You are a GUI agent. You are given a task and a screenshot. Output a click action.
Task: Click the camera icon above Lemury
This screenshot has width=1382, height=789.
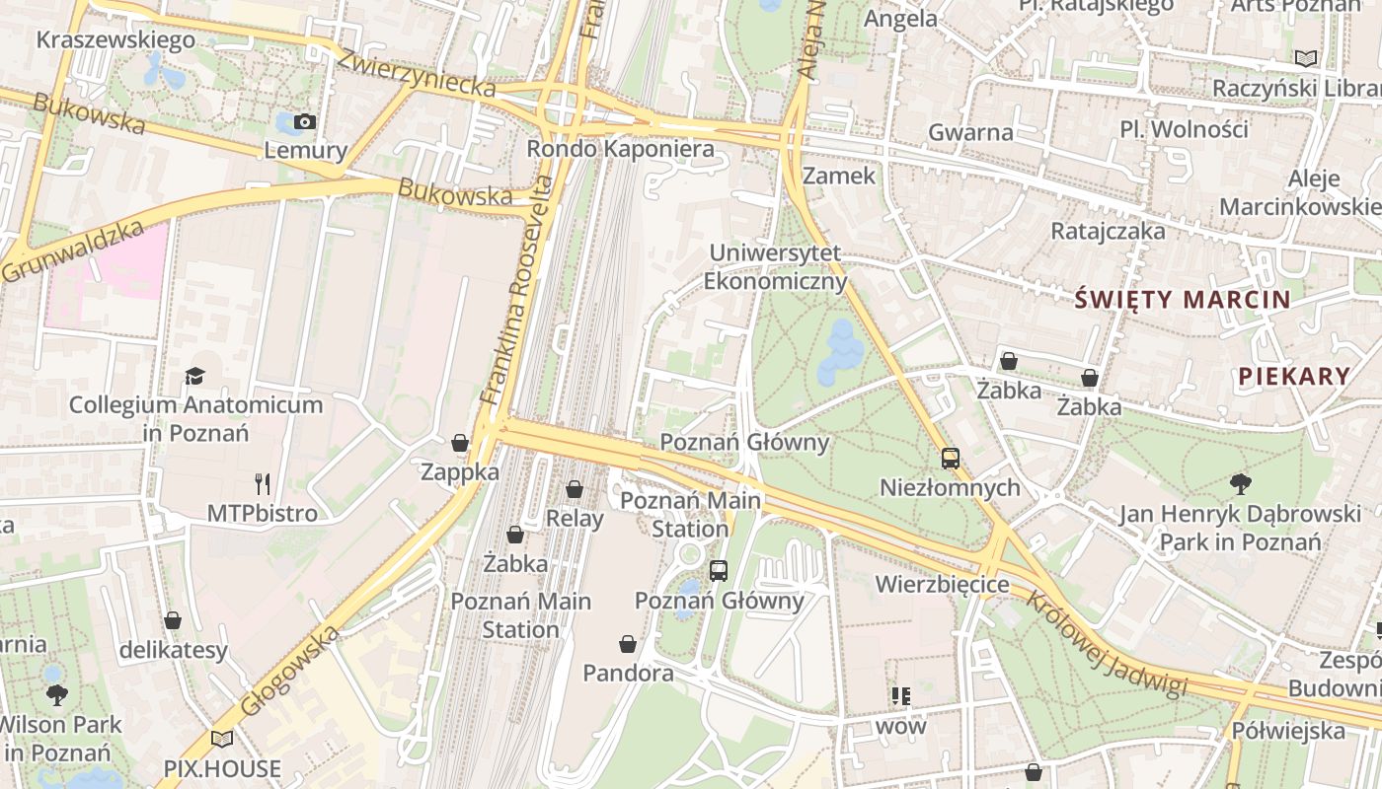tap(305, 122)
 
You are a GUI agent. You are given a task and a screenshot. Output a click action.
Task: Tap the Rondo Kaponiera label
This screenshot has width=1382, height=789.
tap(620, 149)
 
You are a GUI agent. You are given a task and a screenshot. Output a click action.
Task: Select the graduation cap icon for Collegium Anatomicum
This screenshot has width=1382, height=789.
tap(194, 376)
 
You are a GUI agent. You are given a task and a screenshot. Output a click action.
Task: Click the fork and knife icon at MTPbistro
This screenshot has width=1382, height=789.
tap(262, 483)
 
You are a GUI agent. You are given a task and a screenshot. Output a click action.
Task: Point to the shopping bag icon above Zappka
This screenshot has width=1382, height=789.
tap(460, 443)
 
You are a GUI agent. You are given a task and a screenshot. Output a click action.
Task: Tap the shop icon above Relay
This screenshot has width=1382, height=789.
tap(575, 489)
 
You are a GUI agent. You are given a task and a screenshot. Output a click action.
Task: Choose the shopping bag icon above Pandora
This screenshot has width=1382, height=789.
tap(628, 644)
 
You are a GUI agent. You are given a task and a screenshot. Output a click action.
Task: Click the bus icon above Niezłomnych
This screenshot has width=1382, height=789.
tap(950, 458)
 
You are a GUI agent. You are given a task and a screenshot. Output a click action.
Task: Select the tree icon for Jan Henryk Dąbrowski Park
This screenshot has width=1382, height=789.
tap(1240, 484)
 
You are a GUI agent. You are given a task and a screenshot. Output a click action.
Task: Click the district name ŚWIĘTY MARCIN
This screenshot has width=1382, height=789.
tap(1182, 300)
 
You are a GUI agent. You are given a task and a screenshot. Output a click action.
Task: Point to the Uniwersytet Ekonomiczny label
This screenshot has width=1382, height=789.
tap(775, 267)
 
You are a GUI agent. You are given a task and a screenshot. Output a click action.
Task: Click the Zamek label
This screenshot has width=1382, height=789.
tap(839, 176)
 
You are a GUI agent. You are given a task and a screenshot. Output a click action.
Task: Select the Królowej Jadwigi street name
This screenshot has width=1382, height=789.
tap(1106, 643)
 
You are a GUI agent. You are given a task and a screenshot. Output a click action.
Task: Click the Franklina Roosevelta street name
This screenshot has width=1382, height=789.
tap(517, 290)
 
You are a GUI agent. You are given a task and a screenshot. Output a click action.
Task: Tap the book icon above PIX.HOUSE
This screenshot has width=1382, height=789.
tap(222, 739)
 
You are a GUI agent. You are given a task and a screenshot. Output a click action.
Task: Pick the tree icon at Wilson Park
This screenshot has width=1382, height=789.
tap(57, 694)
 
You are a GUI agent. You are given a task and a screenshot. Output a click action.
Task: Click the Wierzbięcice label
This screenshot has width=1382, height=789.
tap(942, 585)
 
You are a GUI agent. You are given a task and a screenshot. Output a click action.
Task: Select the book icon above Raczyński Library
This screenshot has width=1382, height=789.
tap(1306, 58)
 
